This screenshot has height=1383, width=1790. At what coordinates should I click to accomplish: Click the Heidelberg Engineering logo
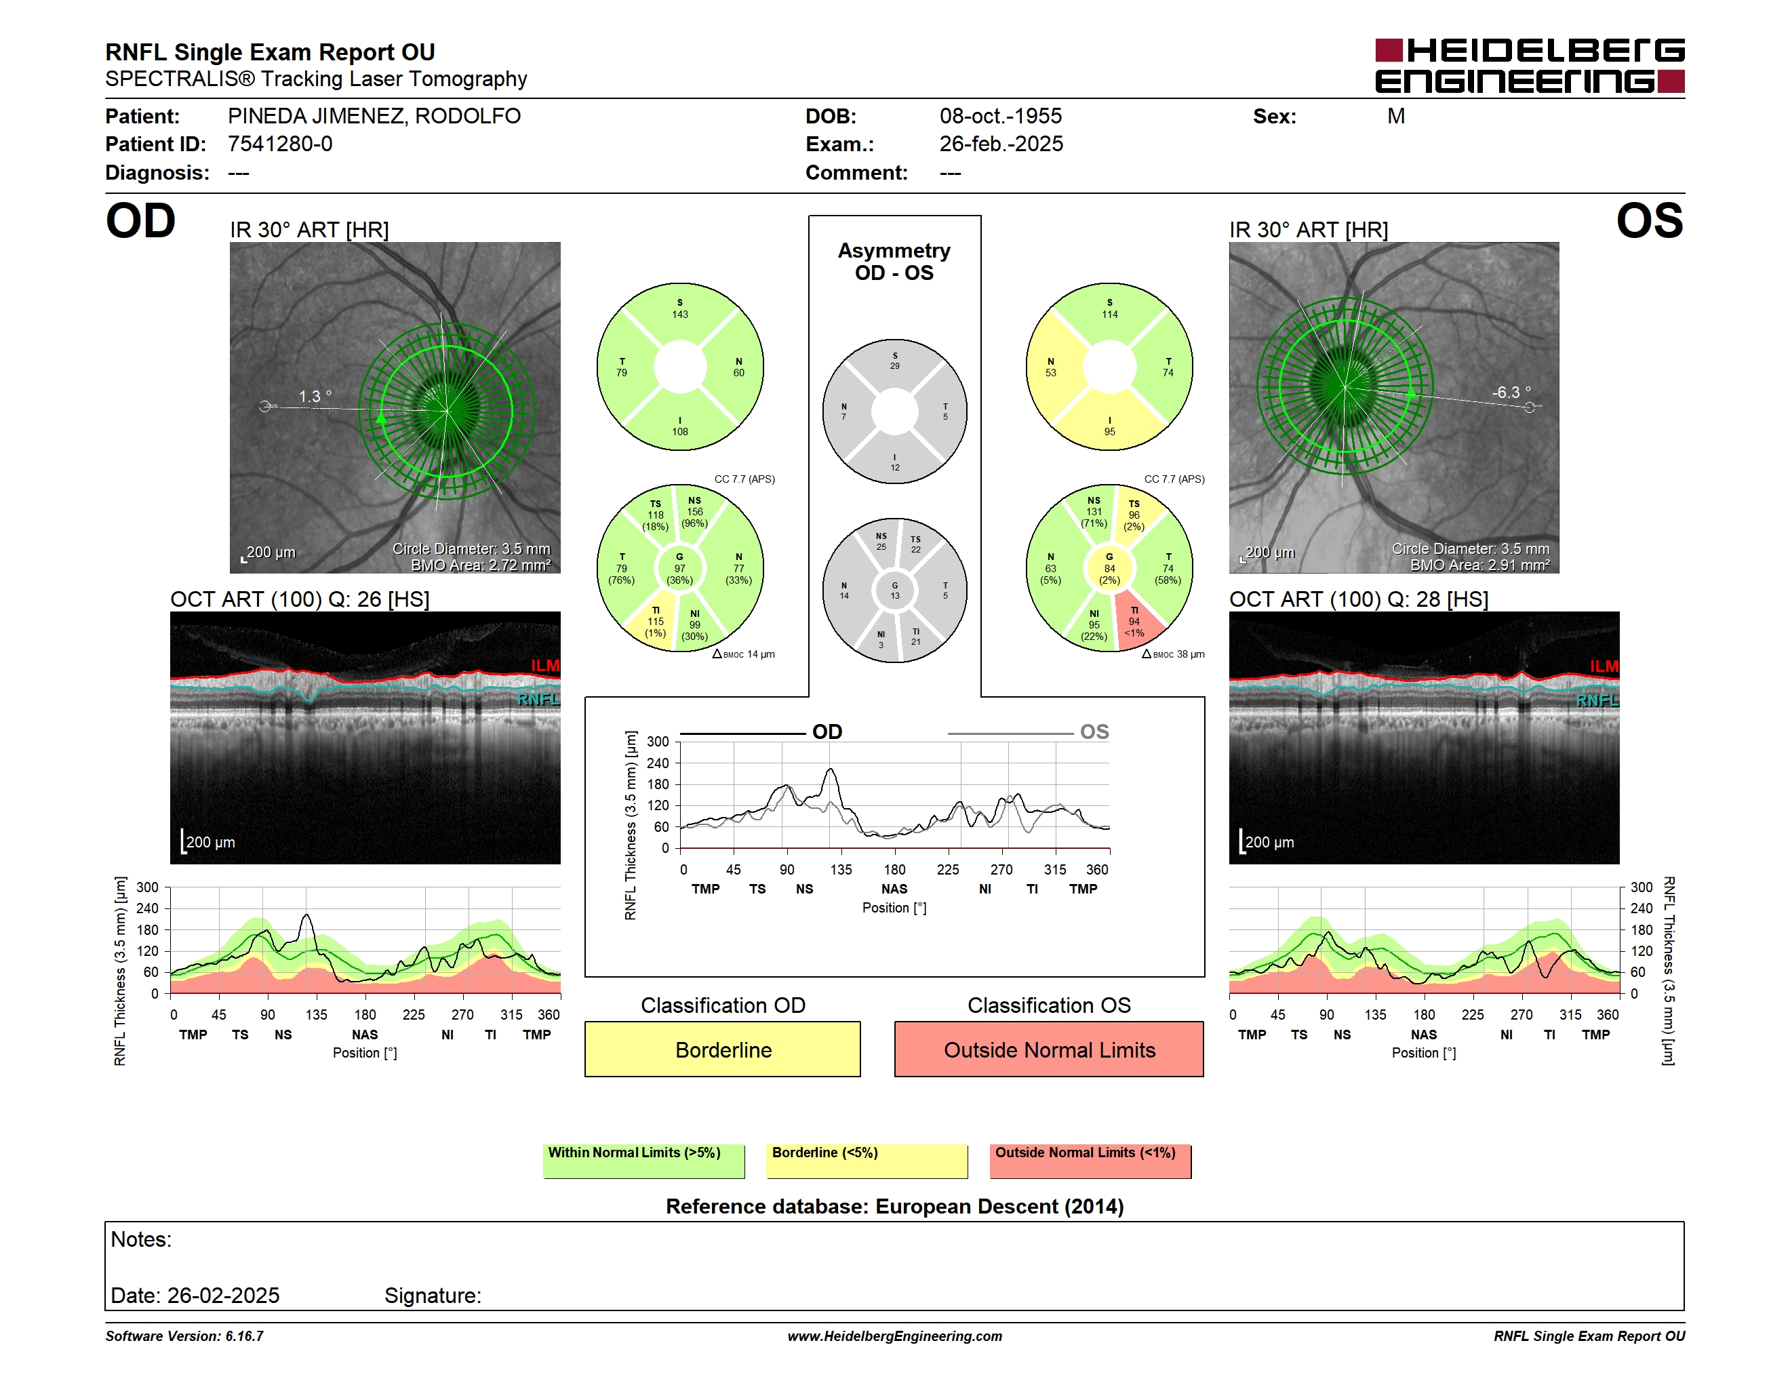[x=1530, y=66]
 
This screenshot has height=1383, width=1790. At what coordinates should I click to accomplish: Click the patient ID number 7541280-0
[x=280, y=144]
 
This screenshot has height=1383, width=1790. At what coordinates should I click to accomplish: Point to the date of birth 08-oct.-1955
[x=1000, y=117]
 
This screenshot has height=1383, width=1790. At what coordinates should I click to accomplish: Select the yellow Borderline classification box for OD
[x=722, y=1049]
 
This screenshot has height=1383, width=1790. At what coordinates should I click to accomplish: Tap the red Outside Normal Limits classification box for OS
[x=1049, y=1049]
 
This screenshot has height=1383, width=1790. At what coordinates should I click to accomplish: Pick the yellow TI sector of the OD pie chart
[x=652, y=622]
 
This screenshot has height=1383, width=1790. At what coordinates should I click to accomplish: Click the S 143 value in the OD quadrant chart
[x=680, y=309]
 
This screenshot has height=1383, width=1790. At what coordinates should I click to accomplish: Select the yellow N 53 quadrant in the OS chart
[x=1053, y=367]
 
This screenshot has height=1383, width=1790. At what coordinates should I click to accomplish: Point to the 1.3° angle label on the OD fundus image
[x=315, y=397]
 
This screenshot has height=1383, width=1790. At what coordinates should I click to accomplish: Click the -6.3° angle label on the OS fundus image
[x=1511, y=393]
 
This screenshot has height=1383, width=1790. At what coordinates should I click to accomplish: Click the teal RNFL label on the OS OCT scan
[x=1597, y=700]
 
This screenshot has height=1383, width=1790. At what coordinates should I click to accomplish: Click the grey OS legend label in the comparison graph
[x=1094, y=731]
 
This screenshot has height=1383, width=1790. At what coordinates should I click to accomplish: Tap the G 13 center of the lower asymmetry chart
[x=895, y=590]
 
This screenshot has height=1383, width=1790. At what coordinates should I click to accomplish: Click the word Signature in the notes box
[x=432, y=1296]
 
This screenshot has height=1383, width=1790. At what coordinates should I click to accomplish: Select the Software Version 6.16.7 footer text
[x=184, y=1336]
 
